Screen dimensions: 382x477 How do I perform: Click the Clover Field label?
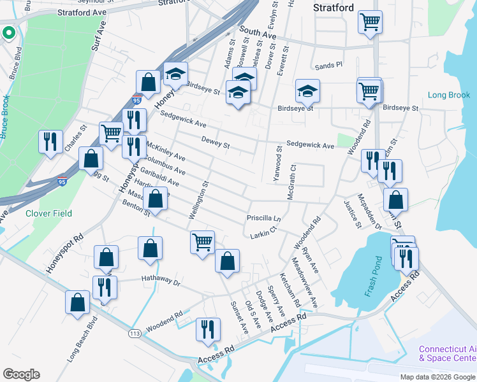point(48,213)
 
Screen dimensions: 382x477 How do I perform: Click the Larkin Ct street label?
point(263,231)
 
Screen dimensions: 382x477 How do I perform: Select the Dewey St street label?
point(216,145)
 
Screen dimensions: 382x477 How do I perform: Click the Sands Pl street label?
point(328,65)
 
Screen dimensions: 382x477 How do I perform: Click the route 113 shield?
point(135,333)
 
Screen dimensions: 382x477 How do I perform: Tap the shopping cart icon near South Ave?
point(370,23)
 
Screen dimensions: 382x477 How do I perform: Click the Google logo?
point(21,374)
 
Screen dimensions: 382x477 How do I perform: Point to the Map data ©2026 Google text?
point(436,377)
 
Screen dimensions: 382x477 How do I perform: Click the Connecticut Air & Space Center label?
point(447,354)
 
